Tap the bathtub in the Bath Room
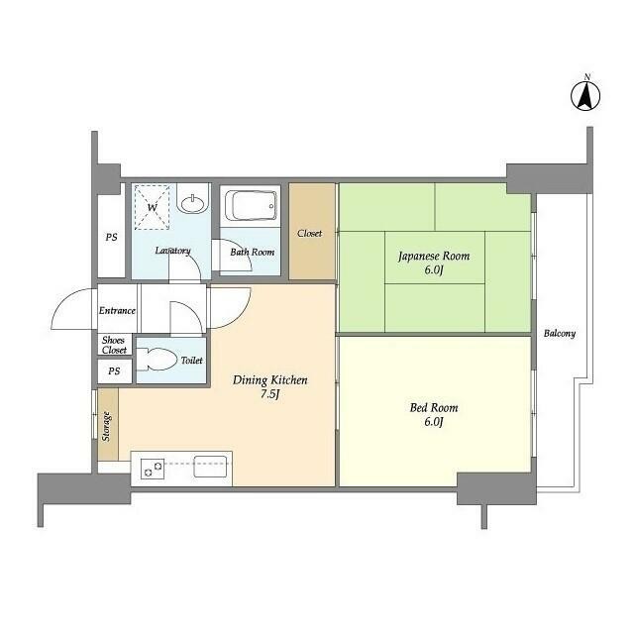251,205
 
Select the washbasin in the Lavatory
193,203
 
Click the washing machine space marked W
152,207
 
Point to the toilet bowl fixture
157,359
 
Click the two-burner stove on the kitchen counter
153,469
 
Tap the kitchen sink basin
210,467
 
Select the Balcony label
559,334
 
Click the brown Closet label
309,234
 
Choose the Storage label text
106,427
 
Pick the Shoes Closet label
114,345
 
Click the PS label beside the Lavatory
112,237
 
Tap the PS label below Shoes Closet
114,370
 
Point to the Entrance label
117,310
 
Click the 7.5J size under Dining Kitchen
269,394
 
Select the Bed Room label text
434,407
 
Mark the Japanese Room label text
434,256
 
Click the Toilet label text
191,360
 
